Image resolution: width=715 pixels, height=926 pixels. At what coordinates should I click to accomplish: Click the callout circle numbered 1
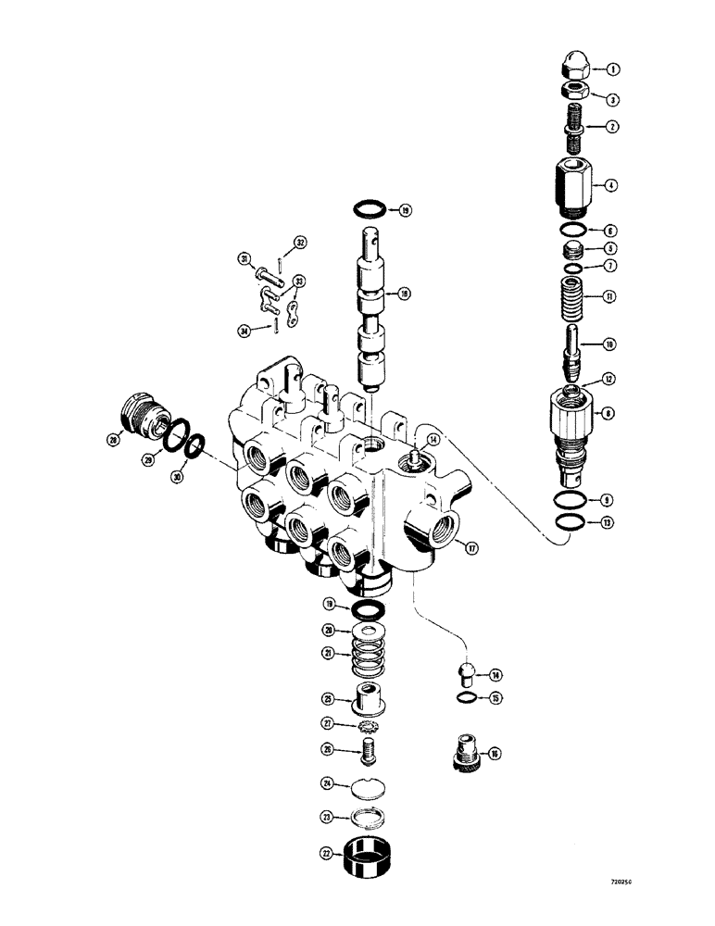click(612, 69)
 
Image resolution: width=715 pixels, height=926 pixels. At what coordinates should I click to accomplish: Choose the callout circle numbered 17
click(471, 548)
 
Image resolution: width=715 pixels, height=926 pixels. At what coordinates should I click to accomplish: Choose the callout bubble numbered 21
click(328, 654)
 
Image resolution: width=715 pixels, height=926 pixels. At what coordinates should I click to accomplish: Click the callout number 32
click(299, 244)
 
